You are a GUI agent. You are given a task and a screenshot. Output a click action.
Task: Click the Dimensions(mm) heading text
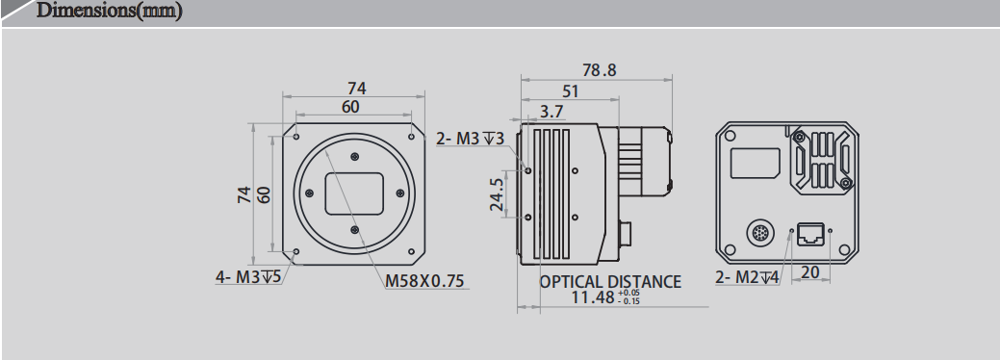click(x=108, y=13)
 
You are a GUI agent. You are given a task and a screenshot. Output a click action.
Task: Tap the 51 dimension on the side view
click(x=570, y=91)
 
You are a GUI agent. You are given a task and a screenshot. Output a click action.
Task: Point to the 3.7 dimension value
click(x=552, y=112)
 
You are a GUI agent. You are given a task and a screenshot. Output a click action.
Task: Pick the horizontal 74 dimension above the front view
click(x=355, y=89)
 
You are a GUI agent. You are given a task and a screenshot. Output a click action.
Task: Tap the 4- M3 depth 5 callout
click(x=247, y=278)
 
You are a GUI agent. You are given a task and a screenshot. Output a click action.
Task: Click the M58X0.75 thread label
click(x=424, y=281)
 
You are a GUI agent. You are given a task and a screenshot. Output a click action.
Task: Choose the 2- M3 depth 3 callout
click(x=470, y=139)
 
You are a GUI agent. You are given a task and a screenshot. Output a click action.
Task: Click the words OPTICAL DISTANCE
click(x=610, y=282)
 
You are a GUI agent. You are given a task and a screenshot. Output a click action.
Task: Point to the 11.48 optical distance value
click(x=594, y=298)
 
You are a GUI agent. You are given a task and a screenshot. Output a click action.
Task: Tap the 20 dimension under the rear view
click(x=809, y=273)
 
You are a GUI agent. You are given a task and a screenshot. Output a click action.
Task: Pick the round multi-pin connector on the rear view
click(x=758, y=233)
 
